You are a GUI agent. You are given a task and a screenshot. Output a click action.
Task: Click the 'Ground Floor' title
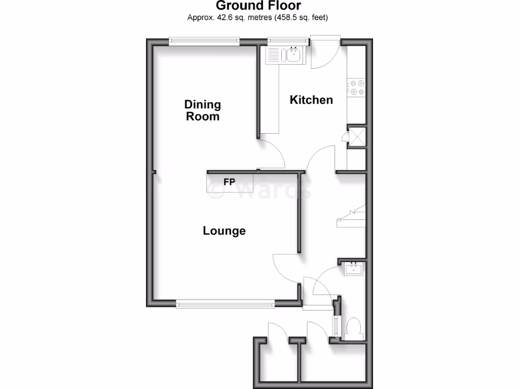(x=258, y=6)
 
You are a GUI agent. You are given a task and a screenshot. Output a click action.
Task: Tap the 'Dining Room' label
(x=203, y=110)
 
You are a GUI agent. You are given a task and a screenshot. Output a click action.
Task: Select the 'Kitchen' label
(x=311, y=100)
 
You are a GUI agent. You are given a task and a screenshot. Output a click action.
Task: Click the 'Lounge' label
(x=224, y=231)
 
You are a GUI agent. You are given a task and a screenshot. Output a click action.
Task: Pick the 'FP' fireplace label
(x=229, y=182)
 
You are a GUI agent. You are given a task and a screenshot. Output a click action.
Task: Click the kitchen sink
(x=293, y=54)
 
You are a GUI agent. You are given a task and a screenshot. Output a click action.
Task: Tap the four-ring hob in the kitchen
(x=355, y=88)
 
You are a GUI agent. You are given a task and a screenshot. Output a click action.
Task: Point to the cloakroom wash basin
(x=353, y=268)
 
